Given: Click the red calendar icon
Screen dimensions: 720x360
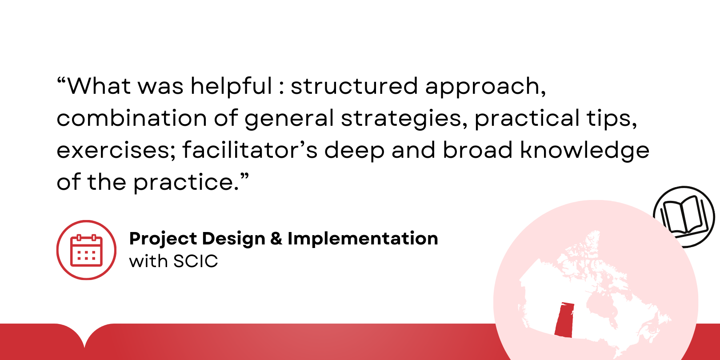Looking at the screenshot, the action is click(x=86, y=250).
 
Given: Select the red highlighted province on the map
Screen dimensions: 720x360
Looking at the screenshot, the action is click(x=564, y=320).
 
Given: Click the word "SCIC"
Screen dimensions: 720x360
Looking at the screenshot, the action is click(x=196, y=261).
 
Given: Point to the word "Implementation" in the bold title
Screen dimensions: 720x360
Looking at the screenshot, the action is click(x=363, y=239).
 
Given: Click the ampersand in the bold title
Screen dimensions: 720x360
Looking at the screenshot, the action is click(x=276, y=239).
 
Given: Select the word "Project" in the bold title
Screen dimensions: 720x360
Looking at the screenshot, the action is click(x=163, y=239).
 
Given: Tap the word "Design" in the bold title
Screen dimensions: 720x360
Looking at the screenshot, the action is click(x=233, y=239).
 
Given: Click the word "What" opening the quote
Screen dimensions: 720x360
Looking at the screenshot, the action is click(x=99, y=86).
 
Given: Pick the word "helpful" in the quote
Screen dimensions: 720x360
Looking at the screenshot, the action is click(x=232, y=87).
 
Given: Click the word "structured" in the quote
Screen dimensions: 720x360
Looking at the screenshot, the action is click(x=354, y=86).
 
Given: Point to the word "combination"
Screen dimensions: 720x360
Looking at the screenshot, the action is click(x=132, y=118).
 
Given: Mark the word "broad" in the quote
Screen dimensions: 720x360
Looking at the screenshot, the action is click(x=478, y=150).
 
